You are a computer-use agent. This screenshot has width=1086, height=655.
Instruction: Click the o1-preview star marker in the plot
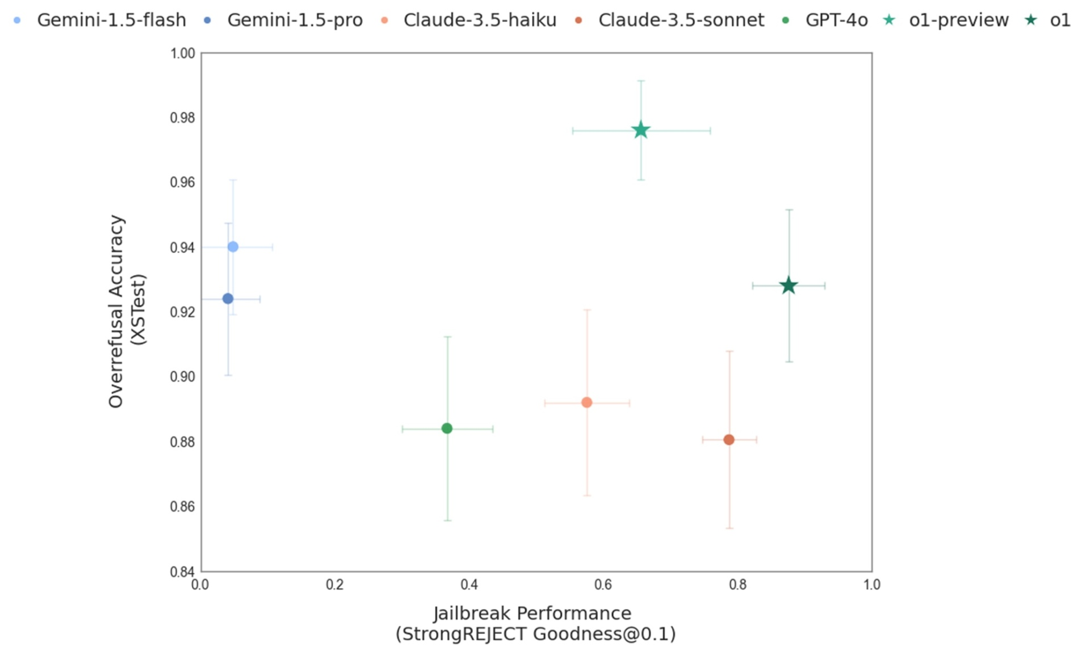point(640,131)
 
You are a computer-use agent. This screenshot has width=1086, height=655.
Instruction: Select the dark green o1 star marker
point(788,285)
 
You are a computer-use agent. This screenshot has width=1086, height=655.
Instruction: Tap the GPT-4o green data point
point(447,428)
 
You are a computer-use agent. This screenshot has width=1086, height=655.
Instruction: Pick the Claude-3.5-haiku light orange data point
point(586,402)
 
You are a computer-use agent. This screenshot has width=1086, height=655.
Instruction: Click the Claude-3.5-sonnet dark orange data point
point(729,439)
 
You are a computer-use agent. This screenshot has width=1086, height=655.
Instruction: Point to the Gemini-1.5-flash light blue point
point(233,246)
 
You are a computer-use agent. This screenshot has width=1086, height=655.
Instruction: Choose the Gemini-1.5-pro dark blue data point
point(228,299)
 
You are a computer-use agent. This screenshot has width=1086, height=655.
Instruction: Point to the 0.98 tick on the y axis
point(182,118)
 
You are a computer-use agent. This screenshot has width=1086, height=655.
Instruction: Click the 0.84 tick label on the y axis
point(182,571)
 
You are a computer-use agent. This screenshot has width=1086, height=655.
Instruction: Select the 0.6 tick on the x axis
point(603,585)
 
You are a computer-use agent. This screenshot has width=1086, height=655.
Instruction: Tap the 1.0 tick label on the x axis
point(871,585)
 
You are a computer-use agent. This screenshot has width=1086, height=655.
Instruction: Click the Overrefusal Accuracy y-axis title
point(126,311)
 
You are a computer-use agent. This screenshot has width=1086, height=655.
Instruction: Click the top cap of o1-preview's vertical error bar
point(640,81)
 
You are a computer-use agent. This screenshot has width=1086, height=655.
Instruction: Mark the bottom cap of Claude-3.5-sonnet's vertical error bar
point(729,528)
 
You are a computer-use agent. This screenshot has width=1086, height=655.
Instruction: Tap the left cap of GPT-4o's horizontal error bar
point(402,429)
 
